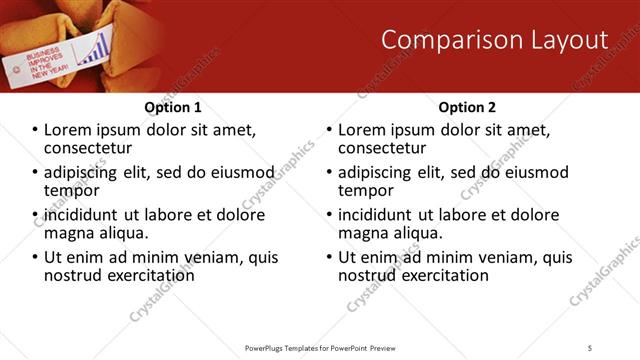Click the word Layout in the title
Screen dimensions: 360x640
click(x=571, y=40)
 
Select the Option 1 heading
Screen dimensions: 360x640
click(x=172, y=107)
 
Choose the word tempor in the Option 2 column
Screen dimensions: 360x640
click(x=365, y=191)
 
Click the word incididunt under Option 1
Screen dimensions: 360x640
click(x=87, y=215)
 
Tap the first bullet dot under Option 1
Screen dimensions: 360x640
click(x=36, y=131)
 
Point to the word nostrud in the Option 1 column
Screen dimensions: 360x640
click(x=72, y=275)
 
